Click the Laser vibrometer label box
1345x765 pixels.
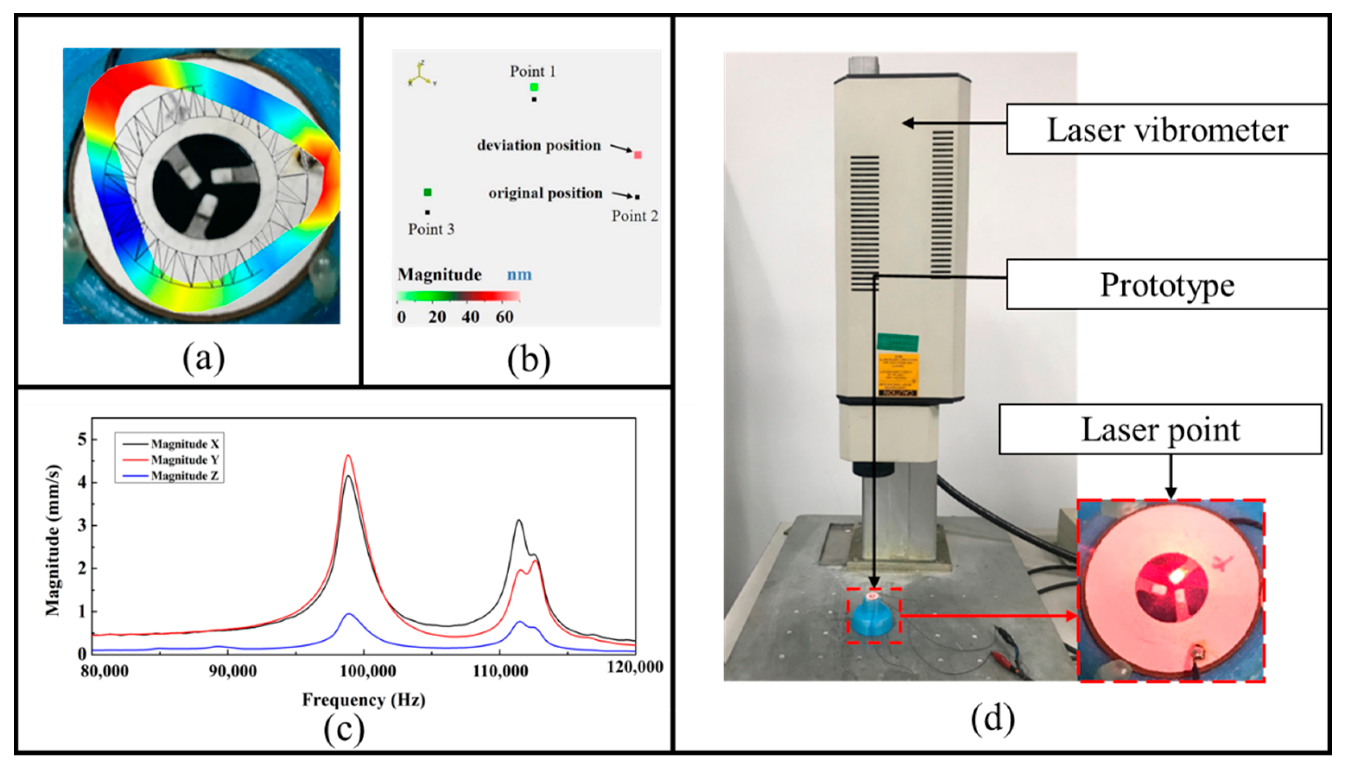(x=1166, y=129)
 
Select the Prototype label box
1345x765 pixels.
(x=1166, y=285)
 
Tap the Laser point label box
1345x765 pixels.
(x=1160, y=429)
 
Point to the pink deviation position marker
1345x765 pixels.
(x=637, y=155)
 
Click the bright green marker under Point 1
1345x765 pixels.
(x=534, y=87)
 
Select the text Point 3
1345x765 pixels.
(x=431, y=229)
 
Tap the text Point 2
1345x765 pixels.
(x=635, y=216)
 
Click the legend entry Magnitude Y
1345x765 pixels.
(x=184, y=460)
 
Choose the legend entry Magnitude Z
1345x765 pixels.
(x=184, y=476)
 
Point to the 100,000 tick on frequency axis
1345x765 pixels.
(x=368, y=670)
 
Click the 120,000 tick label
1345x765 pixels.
(x=635, y=667)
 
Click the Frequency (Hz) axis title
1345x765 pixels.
(x=363, y=700)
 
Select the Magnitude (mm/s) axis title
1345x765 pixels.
(x=53, y=540)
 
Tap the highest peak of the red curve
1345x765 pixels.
(x=348, y=456)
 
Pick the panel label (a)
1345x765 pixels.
(x=203, y=358)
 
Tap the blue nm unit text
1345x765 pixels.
(x=519, y=275)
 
